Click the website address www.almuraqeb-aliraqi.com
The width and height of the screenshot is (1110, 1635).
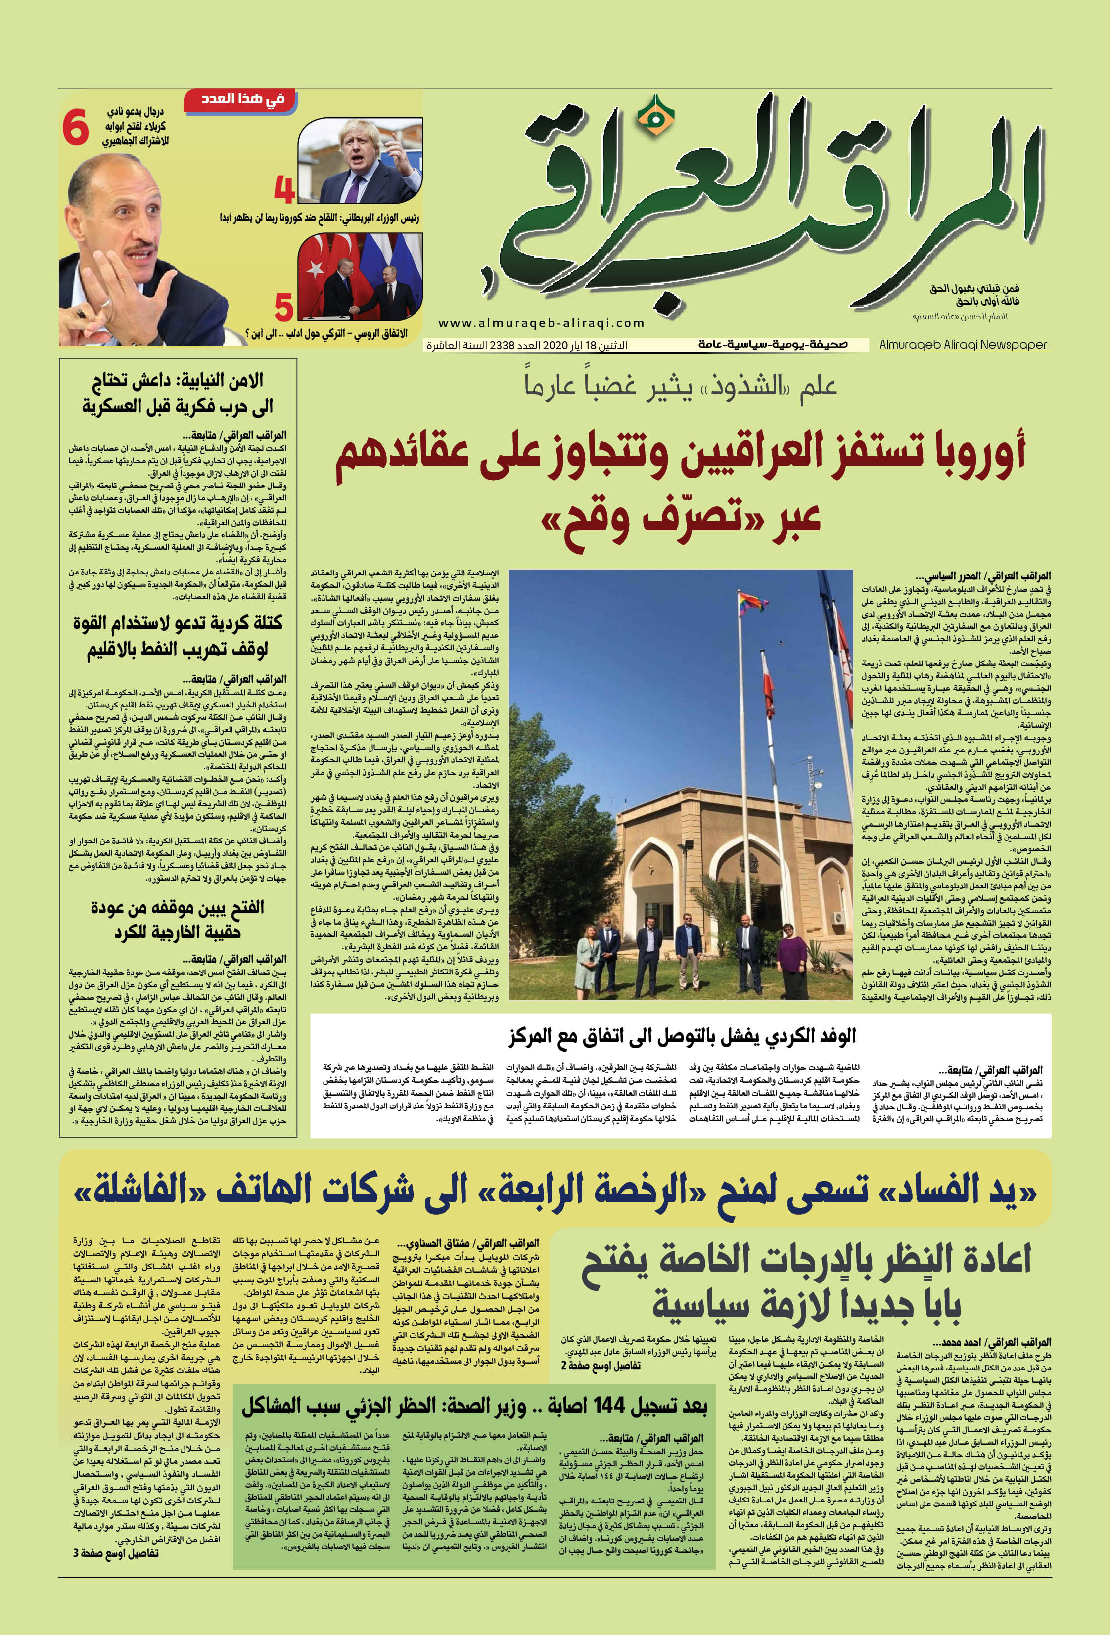pos(541,323)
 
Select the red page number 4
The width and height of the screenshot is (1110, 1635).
pos(283,189)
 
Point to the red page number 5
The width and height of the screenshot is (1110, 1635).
pos(283,308)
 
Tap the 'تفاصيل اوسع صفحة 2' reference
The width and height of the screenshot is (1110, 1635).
pos(601,1366)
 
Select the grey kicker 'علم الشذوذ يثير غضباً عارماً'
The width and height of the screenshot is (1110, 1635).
pos(680,385)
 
